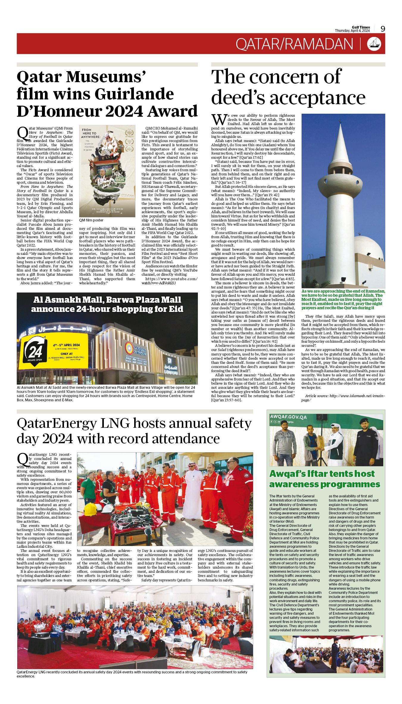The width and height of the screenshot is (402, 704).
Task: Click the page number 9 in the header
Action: click(383, 29)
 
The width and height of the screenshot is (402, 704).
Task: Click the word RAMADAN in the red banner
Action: click(319, 44)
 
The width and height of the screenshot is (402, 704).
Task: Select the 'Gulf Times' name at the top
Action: click(361, 27)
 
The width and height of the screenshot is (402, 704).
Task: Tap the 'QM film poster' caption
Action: click(91, 220)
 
